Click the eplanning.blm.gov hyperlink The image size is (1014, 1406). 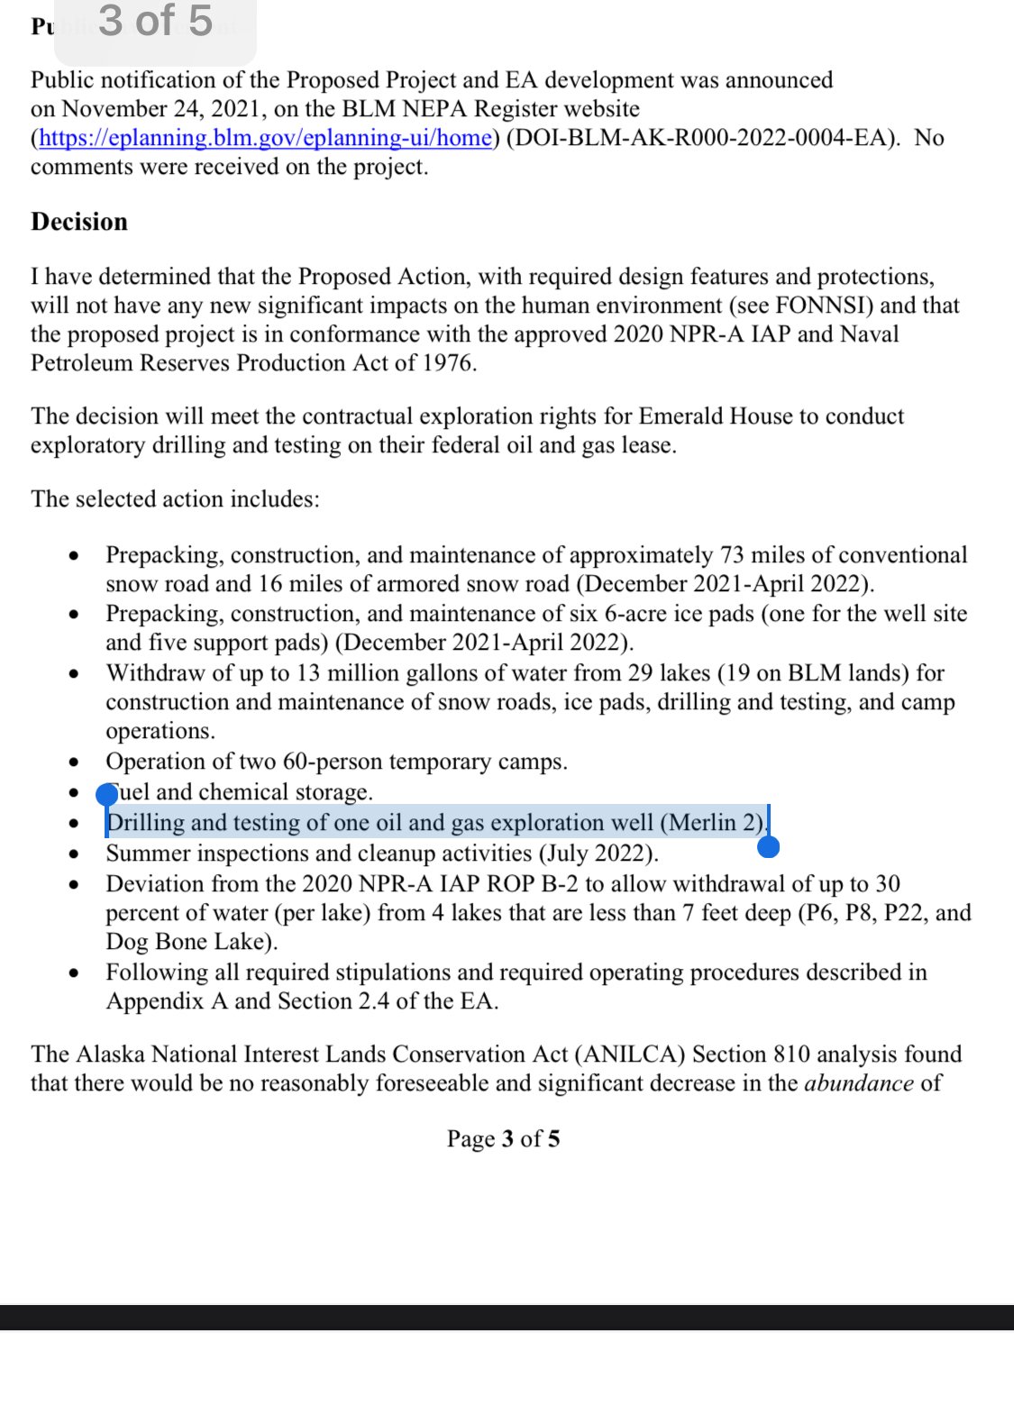pos(266,138)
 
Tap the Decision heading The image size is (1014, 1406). pos(79,222)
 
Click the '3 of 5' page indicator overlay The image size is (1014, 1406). pos(155,22)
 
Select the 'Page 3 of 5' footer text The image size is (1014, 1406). pos(503,1139)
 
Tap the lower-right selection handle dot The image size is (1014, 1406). pos(769,846)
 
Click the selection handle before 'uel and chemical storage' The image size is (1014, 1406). pos(107,794)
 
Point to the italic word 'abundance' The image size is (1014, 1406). pos(858,1083)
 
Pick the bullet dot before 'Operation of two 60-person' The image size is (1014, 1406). pos(75,762)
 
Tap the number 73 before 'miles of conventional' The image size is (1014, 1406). pos(732,555)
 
